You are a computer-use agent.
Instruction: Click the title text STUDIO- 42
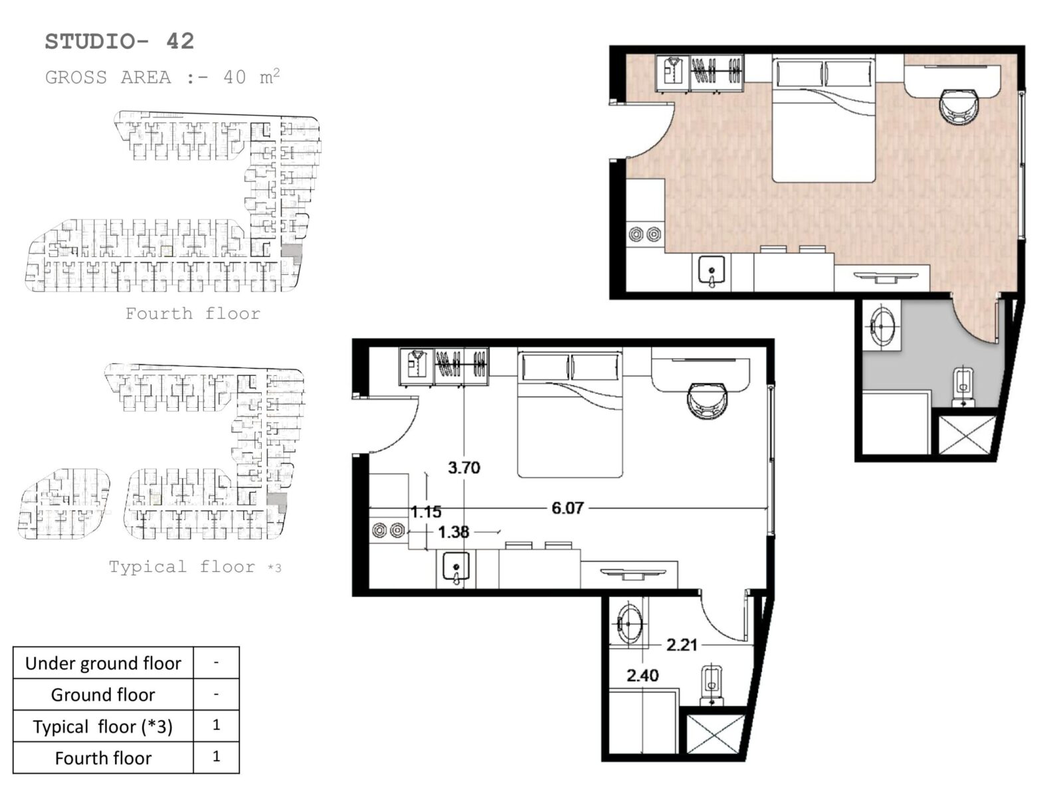pyautogui.click(x=120, y=42)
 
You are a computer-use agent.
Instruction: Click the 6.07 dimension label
pyautogui.click(x=567, y=508)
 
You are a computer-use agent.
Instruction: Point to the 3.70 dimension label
pyautogui.click(x=464, y=468)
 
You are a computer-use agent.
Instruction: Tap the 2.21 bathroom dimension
pyautogui.click(x=682, y=644)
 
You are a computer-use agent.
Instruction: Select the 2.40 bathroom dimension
pyautogui.click(x=642, y=675)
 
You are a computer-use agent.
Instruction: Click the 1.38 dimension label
pyautogui.click(x=453, y=532)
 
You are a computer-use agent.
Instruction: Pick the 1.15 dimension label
pyautogui.click(x=426, y=511)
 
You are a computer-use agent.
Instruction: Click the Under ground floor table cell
pyautogui.click(x=103, y=663)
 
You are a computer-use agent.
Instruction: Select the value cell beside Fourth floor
pyautogui.click(x=217, y=757)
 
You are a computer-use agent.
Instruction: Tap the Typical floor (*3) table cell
pyautogui.click(x=103, y=727)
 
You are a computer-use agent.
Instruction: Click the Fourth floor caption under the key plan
pyautogui.click(x=193, y=313)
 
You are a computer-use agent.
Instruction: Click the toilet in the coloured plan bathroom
pyautogui.click(x=963, y=387)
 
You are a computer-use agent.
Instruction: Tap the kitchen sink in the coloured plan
pyautogui.click(x=712, y=272)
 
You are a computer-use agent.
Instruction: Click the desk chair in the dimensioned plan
pyautogui.click(x=707, y=400)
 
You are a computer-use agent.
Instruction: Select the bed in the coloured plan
pyautogui.click(x=823, y=120)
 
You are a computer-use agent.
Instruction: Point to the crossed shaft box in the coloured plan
pyautogui.click(x=965, y=436)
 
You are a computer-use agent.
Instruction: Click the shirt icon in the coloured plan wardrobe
pyautogui.click(x=672, y=70)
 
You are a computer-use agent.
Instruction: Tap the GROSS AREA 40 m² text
pyautogui.click(x=163, y=77)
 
